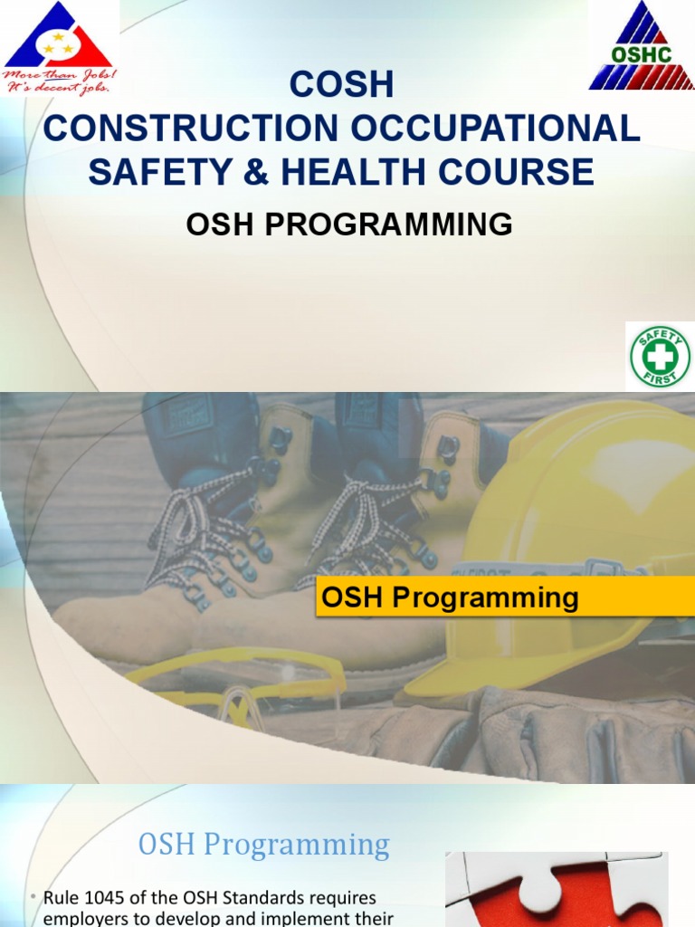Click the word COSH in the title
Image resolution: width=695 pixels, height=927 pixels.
coord(342,85)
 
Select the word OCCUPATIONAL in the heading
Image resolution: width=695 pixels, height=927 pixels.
coord(497,129)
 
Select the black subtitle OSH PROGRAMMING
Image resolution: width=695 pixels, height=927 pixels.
coord(349,224)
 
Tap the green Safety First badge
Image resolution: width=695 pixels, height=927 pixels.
coord(660,357)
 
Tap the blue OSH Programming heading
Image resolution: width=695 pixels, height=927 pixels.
coord(263,845)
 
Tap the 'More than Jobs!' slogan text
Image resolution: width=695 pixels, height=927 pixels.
coord(59,75)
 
